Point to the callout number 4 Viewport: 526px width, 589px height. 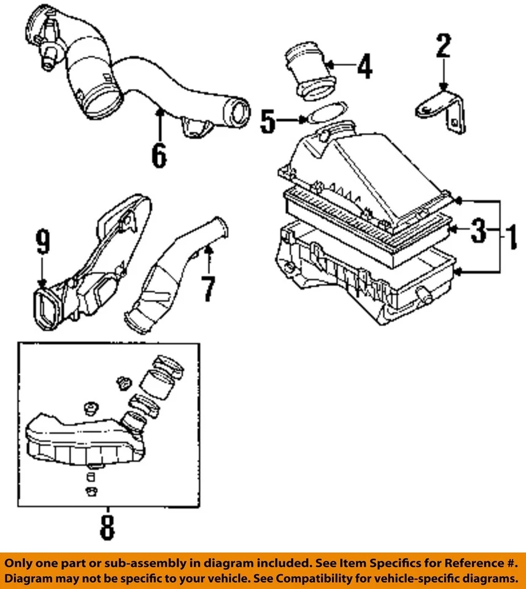[365, 66]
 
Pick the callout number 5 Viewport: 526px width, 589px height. [268, 121]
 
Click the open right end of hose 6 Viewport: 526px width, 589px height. [237, 114]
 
